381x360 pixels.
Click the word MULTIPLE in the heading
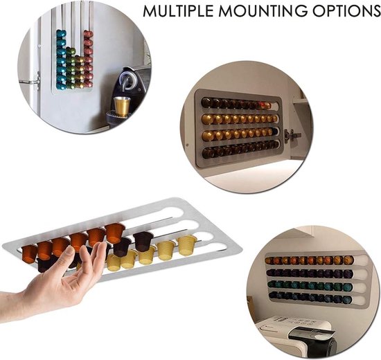point(178,10)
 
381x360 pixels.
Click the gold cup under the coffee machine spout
point(122,106)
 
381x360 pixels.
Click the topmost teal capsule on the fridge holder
point(61,33)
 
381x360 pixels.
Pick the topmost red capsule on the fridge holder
point(89,34)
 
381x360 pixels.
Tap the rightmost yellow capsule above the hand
point(186,245)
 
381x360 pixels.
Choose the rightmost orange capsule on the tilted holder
point(115,233)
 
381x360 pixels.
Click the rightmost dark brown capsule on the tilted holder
point(143,240)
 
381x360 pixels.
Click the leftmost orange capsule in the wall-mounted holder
point(269,260)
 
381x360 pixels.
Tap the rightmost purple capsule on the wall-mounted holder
point(347,273)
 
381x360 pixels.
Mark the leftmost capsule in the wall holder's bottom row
point(272,295)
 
